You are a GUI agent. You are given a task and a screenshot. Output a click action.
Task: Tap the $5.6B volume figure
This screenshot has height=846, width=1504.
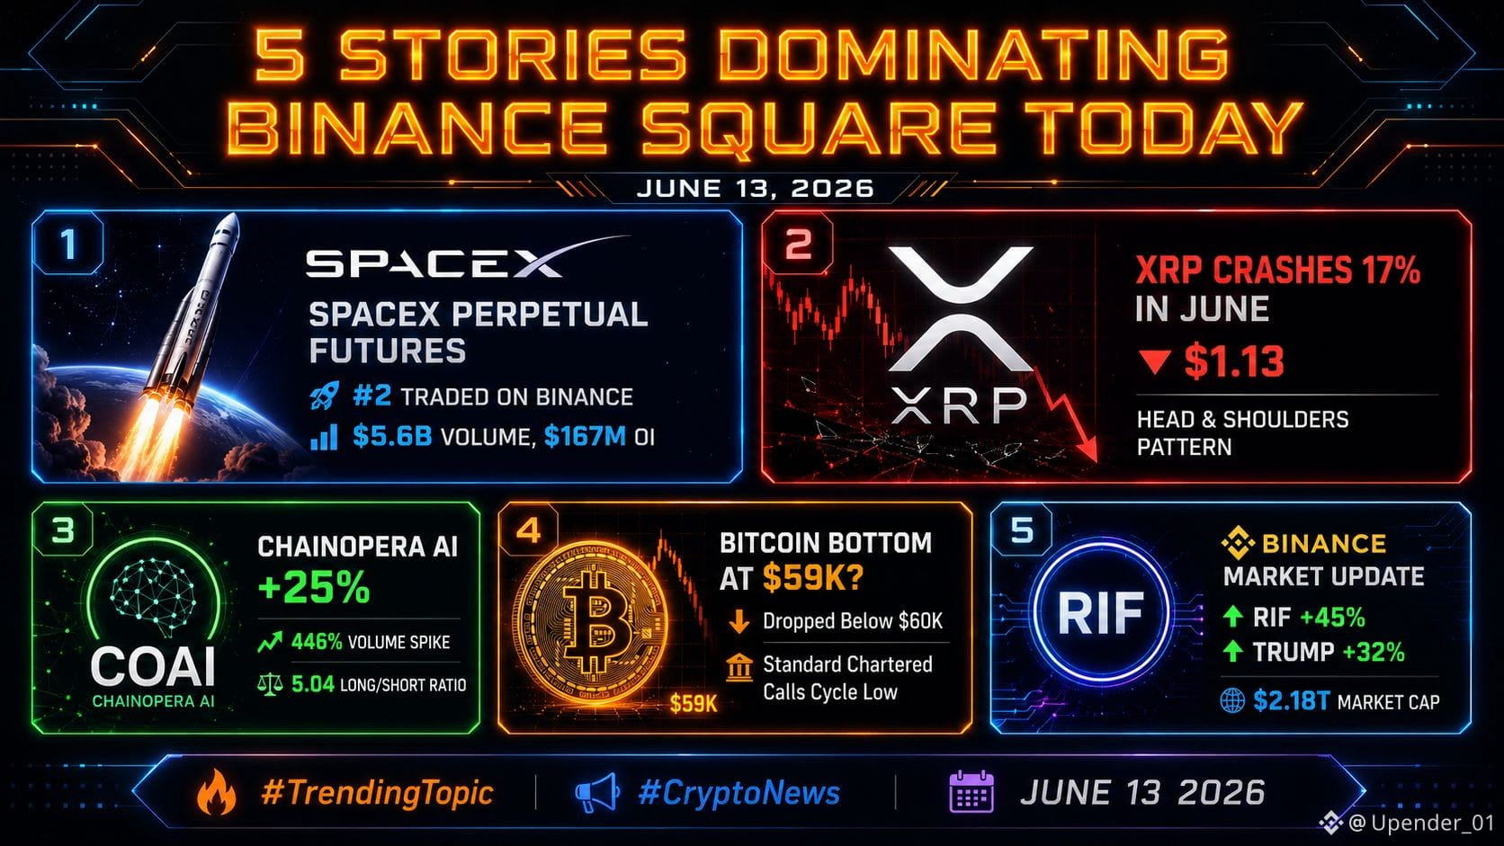[393, 437]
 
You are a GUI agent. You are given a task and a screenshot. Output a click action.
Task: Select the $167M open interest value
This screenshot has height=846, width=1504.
[585, 437]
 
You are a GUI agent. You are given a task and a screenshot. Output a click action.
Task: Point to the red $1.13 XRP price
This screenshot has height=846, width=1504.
[1234, 361]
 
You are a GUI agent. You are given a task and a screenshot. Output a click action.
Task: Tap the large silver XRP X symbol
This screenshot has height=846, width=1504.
[960, 308]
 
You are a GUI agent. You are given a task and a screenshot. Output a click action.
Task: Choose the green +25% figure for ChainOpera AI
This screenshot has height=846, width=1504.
[314, 587]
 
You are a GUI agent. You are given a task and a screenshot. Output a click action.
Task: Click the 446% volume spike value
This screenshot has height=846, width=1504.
[317, 642]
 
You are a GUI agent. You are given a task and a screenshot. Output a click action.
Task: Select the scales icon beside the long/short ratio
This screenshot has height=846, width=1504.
[270, 684]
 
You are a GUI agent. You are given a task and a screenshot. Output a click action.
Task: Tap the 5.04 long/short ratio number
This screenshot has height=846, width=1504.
[313, 684]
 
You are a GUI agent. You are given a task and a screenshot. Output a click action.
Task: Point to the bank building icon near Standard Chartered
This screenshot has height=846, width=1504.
[739, 668]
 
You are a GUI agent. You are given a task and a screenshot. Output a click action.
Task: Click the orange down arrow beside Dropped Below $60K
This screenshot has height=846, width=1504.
[739, 621]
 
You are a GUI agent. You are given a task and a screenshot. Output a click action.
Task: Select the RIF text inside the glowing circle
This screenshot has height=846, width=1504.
[1100, 612]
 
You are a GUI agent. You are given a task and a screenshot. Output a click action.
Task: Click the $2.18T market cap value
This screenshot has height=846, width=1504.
[1291, 701]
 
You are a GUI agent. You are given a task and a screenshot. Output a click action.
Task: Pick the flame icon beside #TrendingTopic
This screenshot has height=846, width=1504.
[216, 792]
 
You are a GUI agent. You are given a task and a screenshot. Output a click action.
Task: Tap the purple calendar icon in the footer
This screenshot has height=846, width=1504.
[971, 792]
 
